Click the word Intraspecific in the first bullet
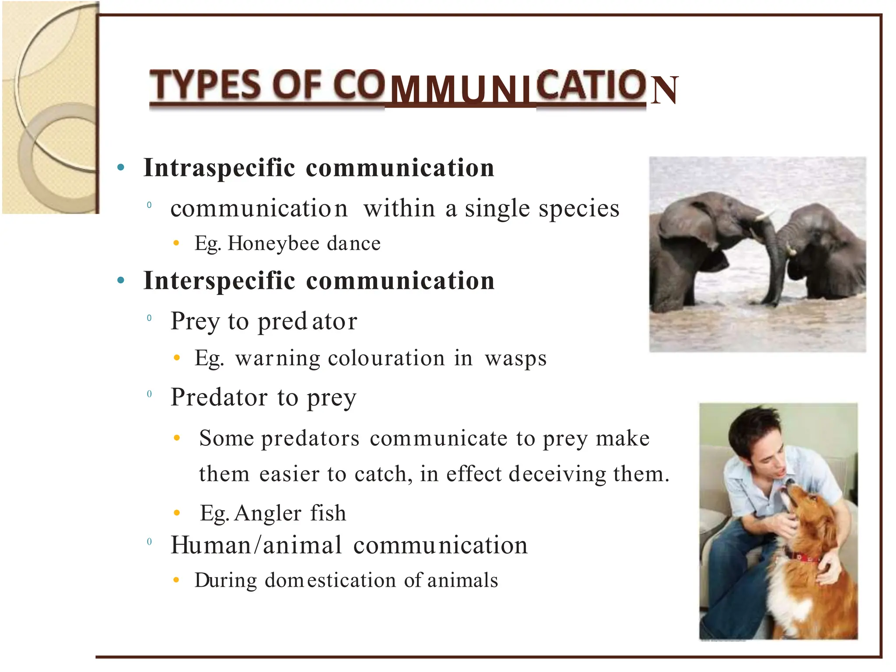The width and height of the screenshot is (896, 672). pos(219,168)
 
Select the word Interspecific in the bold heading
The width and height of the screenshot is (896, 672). pos(219,281)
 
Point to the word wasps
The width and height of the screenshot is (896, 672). pos(515,359)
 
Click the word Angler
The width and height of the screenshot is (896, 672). pos(268,513)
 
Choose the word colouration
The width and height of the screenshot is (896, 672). pos(386,359)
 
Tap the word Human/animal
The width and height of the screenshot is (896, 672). pos(256,546)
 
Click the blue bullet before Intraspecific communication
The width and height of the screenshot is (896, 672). pos(121,168)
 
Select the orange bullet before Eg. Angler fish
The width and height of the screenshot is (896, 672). pos(177,513)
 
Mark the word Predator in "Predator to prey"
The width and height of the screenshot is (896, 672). pos(219,398)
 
